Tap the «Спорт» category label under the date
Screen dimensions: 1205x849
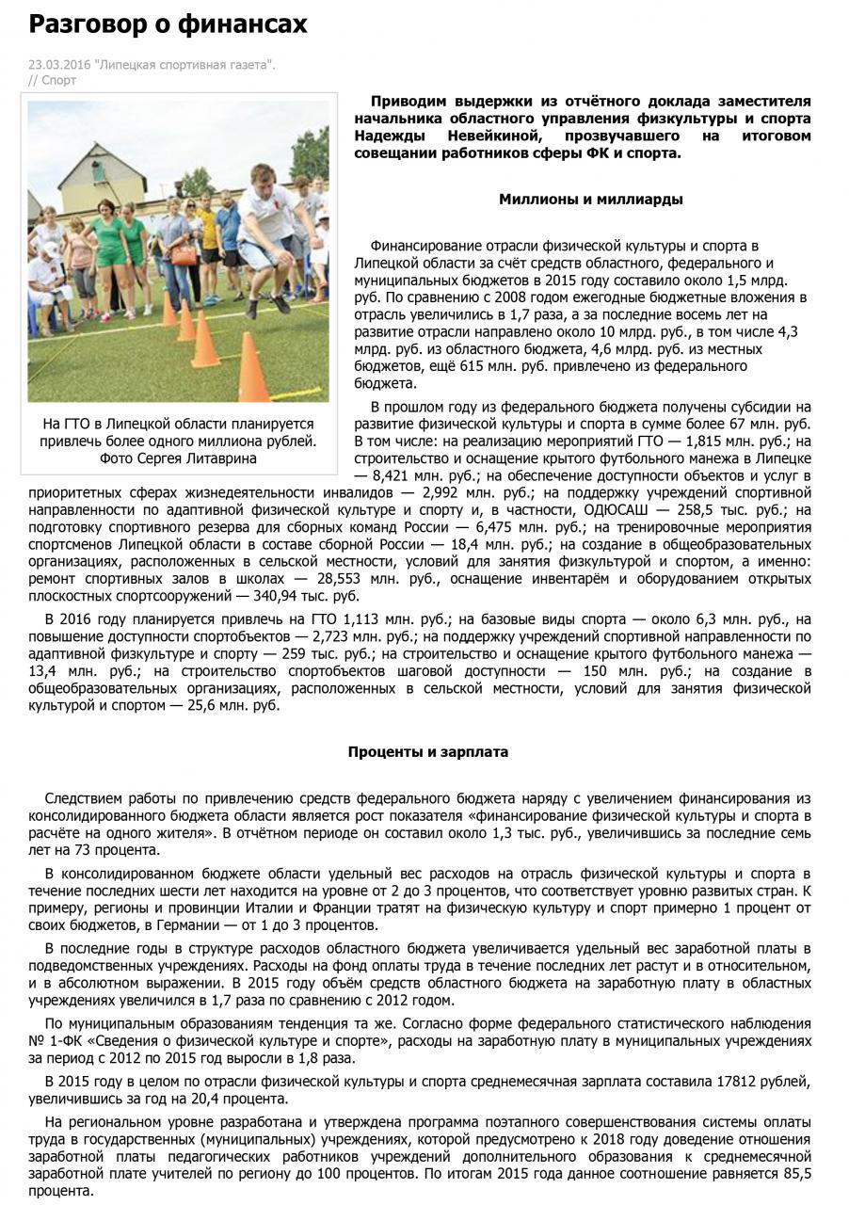pyautogui.click(x=59, y=81)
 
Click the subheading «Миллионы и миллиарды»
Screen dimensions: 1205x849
pyautogui.click(x=590, y=200)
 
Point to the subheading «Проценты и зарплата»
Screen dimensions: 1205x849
pyautogui.click(x=427, y=752)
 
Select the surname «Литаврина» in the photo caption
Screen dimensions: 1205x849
pyautogui.click(x=219, y=458)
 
